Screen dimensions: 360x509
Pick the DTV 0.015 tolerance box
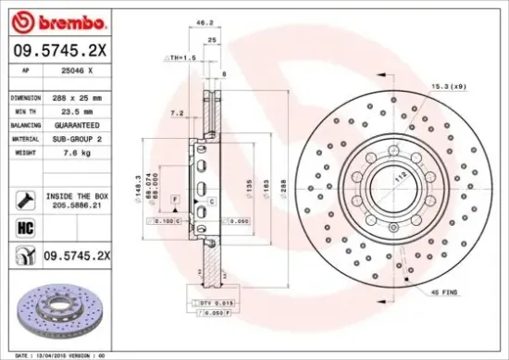[212, 303]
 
